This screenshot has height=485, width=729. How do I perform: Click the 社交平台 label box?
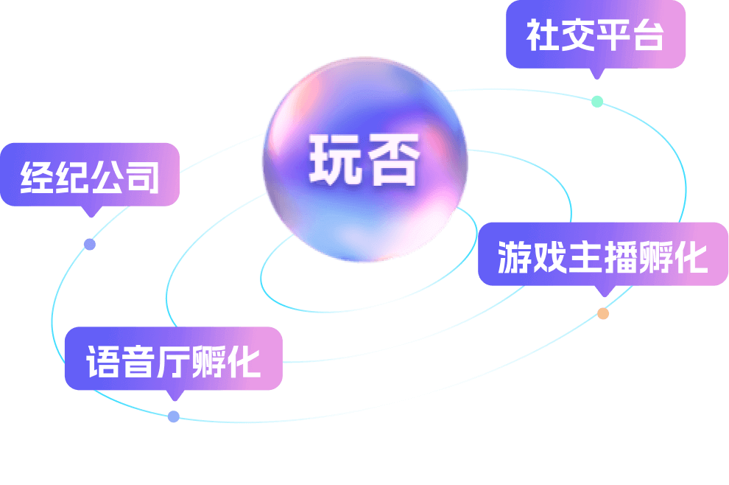pos(595,35)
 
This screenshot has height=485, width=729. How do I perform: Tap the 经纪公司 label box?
pos(90,175)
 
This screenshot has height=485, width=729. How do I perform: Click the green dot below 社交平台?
pos(597,101)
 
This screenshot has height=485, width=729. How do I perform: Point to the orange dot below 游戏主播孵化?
pos(603,313)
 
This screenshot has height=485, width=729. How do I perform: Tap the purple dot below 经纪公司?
pos(90,244)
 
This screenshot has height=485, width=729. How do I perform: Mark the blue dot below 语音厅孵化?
pos(173,416)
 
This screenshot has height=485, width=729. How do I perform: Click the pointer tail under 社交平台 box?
pos(597,73)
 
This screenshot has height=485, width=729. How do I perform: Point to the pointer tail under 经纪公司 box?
pos(91,212)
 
